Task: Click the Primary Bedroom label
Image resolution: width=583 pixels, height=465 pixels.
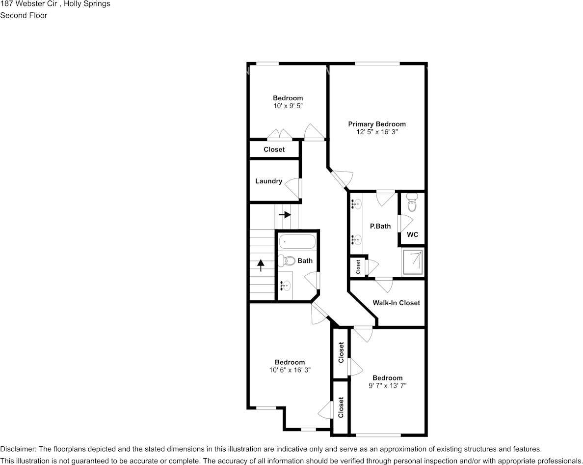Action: coord(377,124)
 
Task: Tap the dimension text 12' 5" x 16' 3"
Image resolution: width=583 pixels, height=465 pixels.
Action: coord(377,132)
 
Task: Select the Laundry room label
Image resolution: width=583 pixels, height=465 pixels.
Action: coord(268,181)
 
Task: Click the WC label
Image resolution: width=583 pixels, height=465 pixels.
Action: coord(412,234)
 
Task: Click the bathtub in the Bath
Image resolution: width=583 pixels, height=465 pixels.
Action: coord(297,241)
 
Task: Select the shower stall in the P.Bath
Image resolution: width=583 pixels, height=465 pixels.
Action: coord(412,262)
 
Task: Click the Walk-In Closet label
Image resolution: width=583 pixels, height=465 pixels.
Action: coord(396,303)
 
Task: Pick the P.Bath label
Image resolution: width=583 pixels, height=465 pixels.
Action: coord(380,226)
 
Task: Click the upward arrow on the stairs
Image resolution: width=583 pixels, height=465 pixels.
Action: coord(260,265)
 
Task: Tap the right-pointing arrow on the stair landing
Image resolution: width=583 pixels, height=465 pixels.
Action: coord(285,215)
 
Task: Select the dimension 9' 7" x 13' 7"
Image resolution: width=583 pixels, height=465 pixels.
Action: coord(387,386)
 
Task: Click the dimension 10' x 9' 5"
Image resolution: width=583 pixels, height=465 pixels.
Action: coord(288,106)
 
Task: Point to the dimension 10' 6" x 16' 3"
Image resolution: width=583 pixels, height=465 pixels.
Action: coord(290,370)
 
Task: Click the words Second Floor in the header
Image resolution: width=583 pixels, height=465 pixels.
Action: coord(24,15)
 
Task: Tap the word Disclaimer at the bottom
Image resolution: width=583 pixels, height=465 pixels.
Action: coord(18,449)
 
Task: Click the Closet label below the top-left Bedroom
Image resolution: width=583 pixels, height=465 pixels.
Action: coord(274,149)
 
